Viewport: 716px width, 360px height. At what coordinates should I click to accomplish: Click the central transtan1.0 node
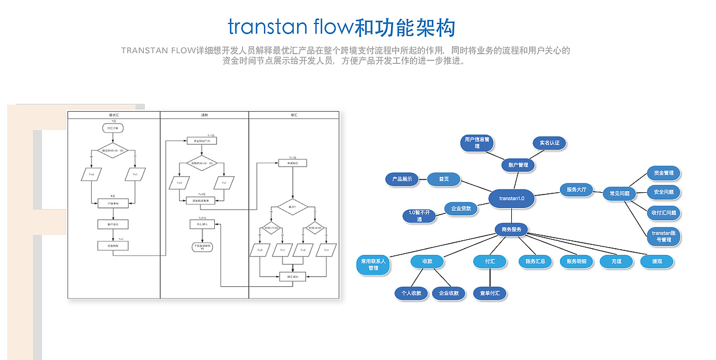[x=511, y=198]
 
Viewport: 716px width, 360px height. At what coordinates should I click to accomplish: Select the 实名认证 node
[x=549, y=143]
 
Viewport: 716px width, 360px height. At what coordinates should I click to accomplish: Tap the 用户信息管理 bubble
[x=477, y=143]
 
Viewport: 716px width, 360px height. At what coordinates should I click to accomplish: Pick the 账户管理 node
[x=518, y=165]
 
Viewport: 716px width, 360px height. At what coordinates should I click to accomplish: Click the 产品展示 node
[x=402, y=179]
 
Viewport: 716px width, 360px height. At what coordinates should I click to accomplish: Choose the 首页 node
[x=444, y=179]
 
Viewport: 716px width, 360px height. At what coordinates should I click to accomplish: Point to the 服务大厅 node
[x=576, y=190]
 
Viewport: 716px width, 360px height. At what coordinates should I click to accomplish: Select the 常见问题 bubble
[x=619, y=193]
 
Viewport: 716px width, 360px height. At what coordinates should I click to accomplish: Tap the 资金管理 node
[x=663, y=173]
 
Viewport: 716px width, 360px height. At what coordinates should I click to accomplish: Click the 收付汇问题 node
[x=663, y=212]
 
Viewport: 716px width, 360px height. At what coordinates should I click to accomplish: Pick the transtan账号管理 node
[x=663, y=236]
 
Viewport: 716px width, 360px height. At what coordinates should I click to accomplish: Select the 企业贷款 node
[x=461, y=209]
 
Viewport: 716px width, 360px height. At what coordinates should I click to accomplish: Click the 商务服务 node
[x=511, y=229]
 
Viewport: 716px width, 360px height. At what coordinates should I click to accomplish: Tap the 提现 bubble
[x=657, y=261]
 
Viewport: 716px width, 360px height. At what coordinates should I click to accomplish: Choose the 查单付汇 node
[x=489, y=293]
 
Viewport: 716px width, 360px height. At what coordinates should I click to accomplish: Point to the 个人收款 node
[x=411, y=293]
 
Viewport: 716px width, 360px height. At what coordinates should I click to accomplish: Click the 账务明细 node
[x=576, y=261]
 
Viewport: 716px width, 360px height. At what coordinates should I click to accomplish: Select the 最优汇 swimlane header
[x=114, y=115]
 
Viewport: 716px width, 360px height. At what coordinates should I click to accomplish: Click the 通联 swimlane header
[x=204, y=115]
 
